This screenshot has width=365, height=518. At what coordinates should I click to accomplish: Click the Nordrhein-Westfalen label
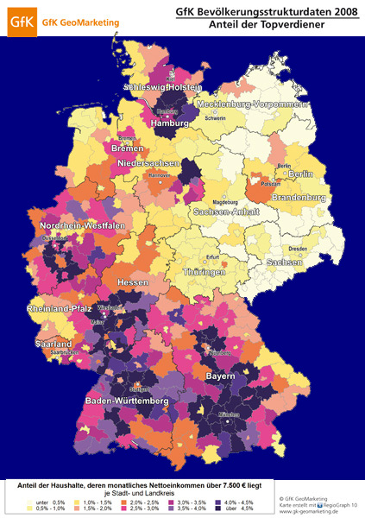83,226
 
